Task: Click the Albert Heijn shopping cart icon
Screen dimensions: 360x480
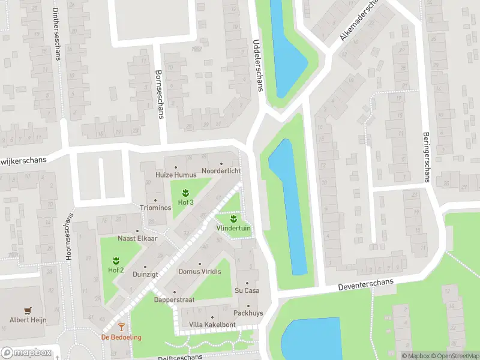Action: [x=27, y=310]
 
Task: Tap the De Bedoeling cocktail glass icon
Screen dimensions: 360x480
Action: [x=121, y=327]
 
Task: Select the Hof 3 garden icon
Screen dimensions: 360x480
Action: [x=185, y=193]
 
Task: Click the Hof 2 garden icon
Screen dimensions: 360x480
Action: [x=116, y=260]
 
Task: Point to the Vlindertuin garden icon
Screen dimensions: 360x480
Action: [x=233, y=218]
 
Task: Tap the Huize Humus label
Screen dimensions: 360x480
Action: [x=175, y=175]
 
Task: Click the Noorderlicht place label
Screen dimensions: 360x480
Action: [x=221, y=171]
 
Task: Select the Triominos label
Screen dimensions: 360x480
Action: [x=155, y=208]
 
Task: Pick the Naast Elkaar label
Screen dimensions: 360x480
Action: [x=137, y=238]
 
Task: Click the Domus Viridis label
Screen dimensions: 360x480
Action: [x=200, y=271]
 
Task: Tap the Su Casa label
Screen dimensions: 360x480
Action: [x=247, y=290]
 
